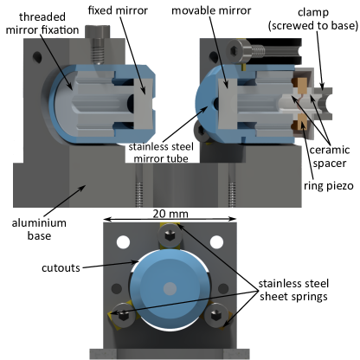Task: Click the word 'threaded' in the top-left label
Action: (42, 16)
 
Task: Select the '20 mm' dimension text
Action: (169, 214)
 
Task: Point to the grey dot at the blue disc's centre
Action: (170, 287)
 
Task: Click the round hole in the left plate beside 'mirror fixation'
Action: (35, 59)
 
